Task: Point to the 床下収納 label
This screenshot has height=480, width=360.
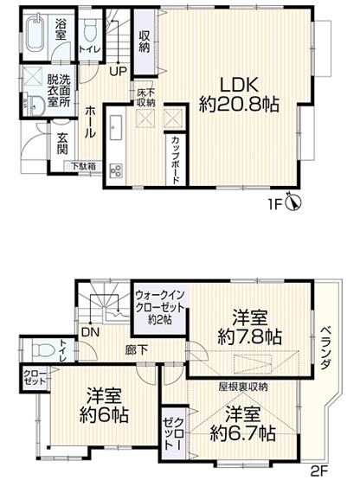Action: coord(145,97)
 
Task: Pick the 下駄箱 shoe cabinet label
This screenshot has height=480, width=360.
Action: coord(83,167)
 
